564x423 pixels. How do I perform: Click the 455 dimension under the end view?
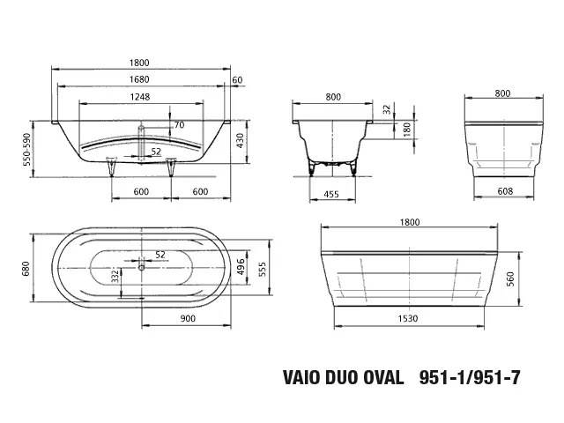pyautogui.click(x=331, y=192)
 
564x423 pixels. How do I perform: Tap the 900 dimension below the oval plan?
pyautogui.click(x=186, y=319)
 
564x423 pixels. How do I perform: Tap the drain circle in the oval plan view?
pyautogui.click(x=140, y=265)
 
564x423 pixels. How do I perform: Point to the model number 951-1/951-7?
pyautogui.click(x=471, y=380)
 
